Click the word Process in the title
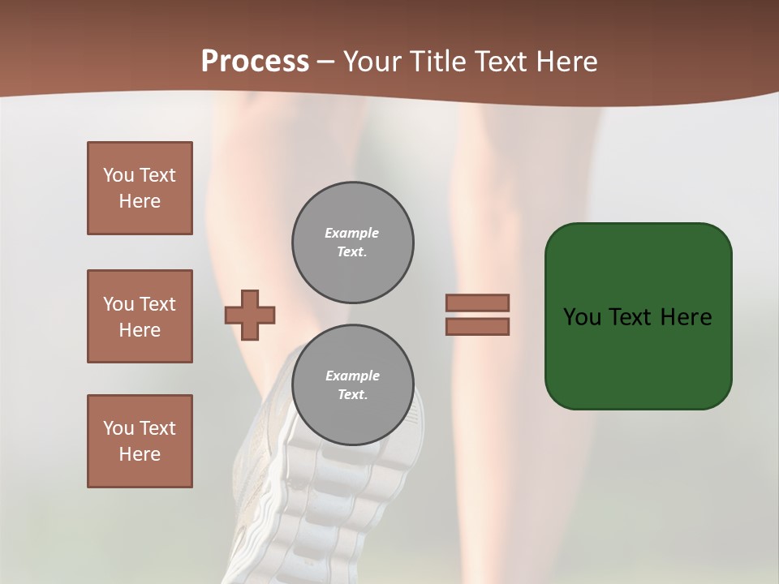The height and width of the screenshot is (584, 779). click(x=255, y=61)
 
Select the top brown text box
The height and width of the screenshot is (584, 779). click(x=140, y=188)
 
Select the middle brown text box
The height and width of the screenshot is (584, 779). click(x=140, y=316)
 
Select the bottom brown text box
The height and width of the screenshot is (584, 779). click(x=140, y=441)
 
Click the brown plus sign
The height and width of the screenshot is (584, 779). click(x=250, y=315)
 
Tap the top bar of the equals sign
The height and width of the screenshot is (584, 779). click(x=477, y=303)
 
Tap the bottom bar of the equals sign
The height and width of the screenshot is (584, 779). click(x=477, y=326)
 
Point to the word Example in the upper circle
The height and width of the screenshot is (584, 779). click(x=352, y=233)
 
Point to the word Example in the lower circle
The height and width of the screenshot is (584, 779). click(x=352, y=376)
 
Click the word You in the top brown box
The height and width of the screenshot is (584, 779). click(x=118, y=175)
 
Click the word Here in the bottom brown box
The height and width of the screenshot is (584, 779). click(x=140, y=454)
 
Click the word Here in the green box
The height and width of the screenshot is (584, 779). click(x=686, y=317)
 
